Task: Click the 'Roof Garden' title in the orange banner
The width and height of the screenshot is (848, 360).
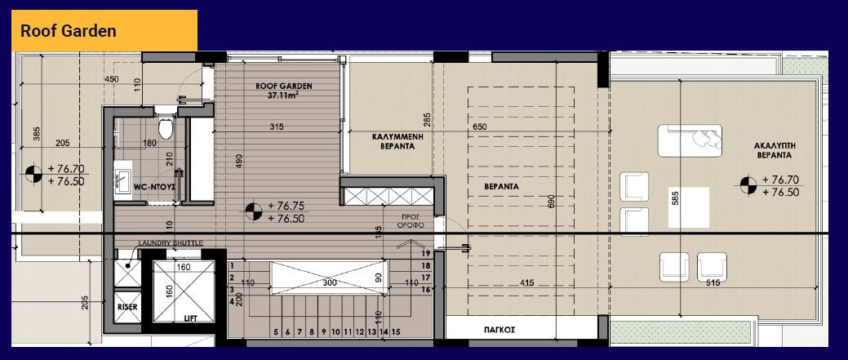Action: (x=68, y=31)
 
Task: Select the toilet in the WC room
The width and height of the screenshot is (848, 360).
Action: (x=166, y=128)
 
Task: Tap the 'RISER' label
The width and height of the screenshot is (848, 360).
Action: (x=127, y=306)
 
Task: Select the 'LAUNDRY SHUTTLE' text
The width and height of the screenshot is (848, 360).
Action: (x=171, y=243)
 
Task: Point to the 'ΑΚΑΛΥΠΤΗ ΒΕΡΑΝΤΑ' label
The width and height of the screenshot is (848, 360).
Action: (x=774, y=151)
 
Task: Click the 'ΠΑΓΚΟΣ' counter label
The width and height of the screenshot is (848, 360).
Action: (x=499, y=329)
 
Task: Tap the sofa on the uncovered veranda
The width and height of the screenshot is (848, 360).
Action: (x=690, y=140)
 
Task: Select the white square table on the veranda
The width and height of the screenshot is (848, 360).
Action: (x=689, y=207)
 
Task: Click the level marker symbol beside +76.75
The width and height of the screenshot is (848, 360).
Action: (x=253, y=211)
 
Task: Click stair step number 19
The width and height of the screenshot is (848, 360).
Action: (x=425, y=253)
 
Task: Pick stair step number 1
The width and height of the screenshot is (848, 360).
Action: (x=232, y=266)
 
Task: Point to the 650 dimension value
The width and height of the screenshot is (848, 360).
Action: (x=479, y=127)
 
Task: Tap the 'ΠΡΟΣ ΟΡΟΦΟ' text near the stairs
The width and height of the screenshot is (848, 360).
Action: (x=410, y=220)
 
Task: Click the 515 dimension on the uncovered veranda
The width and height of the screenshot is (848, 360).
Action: (x=713, y=283)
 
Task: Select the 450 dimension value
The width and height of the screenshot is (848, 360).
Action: (x=111, y=79)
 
